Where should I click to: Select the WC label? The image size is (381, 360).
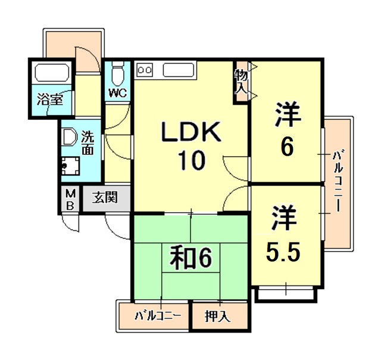click(117, 92)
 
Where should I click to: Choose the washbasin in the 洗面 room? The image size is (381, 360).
click(70, 138)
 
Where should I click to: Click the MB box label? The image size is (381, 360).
click(70, 200)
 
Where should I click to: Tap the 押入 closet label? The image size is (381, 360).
click(218, 316)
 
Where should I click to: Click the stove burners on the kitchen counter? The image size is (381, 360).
click(145, 69)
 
